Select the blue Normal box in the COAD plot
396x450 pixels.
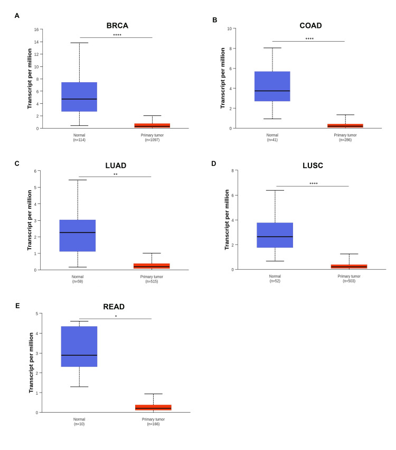click(x=272, y=86)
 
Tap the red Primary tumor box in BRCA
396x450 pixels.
click(x=152, y=125)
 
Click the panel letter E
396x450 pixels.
click(x=17, y=306)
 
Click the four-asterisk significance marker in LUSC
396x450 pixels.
click(x=313, y=183)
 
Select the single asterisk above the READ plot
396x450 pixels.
click(x=116, y=317)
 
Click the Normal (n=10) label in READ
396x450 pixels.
click(x=79, y=421)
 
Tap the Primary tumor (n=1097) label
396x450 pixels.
click(x=152, y=137)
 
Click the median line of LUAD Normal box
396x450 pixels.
click(x=78, y=232)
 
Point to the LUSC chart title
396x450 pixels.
click(x=313, y=165)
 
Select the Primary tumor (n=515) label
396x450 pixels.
click(x=152, y=279)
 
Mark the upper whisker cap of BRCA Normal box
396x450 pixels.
click(x=79, y=43)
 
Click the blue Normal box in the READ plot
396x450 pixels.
click(x=79, y=346)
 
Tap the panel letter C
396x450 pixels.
click(x=17, y=163)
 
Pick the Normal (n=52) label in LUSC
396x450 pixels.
click(x=275, y=279)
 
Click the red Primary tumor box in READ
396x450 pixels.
click(x=153, y=407)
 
